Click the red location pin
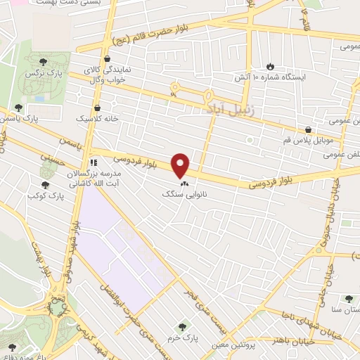pyautogui.click(x=181, y=165)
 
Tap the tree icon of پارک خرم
pyautogui.click(x=182, y=326)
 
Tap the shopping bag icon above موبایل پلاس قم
pyautogui.click(x=309, y=129)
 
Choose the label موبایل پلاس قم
pyautogui.click(x=307, y=140)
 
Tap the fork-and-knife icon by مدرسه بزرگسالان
pyautogui.click(x=94, y=163)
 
